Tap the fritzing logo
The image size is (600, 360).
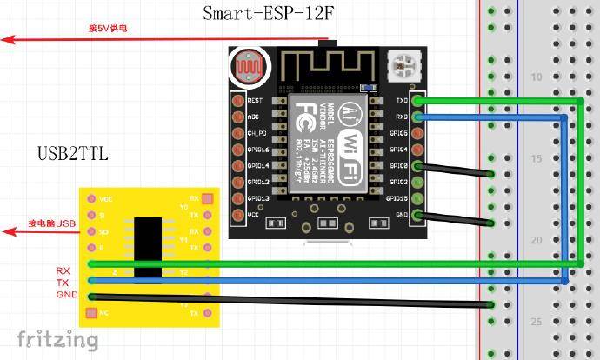pos(57,338)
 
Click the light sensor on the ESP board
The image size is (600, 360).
pos(249,66)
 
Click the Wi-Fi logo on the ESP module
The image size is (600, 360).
pos(350,143)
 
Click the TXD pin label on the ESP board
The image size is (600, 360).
pos(402,100)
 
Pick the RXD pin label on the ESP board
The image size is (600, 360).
pos(402,117)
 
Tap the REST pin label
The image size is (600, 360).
pos(256,101)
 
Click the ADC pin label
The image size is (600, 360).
pos(253,117)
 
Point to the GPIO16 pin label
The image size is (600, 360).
pos(258,150)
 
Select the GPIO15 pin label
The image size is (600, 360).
pos(399,198)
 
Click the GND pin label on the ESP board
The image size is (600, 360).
pos(402,215)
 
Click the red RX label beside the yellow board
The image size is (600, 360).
pos(63,271)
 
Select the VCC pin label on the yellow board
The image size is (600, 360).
pos(105,199)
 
